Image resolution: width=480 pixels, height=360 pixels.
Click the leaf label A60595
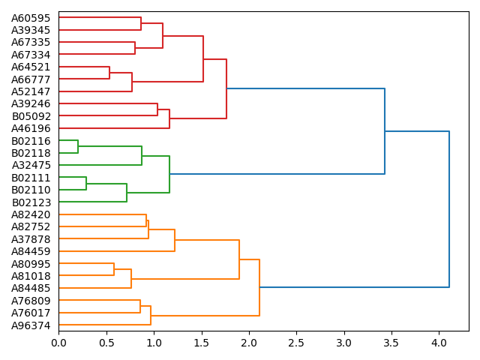click(x=31, y=17)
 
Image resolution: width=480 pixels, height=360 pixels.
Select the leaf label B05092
click(x=31, y=116)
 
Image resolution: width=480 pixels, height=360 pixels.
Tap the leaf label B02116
click(x=31, y=141)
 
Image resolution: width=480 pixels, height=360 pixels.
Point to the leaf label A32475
click(x=31, y=165)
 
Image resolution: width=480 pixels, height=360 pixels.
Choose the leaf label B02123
click(x=31, y=202)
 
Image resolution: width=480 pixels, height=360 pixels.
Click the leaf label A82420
click(x=31, y=214)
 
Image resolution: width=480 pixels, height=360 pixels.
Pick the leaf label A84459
click(x=31, y=251)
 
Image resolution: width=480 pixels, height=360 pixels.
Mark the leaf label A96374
click(x=31, y=325)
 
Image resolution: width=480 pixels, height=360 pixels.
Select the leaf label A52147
click(x=31, y=91)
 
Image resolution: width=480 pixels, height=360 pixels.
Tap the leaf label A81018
click(x=31, y=276)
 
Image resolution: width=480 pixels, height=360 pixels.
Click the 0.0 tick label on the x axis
click(x=58, y=343)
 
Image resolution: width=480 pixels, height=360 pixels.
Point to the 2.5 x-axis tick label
click(x=296, y=343)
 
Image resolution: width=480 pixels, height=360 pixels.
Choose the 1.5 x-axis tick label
click(x=201, y=343)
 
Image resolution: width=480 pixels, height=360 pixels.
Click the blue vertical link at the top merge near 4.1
click(x=449, y=209)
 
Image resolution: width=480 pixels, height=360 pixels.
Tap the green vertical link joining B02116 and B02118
click(x=78, y=146)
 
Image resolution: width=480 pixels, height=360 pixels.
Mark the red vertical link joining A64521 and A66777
click(x=109, y=73)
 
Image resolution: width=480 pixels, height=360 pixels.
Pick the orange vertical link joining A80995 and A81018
click(x=114, y=269)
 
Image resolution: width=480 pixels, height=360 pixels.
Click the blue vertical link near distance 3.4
click(x=385, y=131)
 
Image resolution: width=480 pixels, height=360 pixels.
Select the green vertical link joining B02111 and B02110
click(x=86, y=183)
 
